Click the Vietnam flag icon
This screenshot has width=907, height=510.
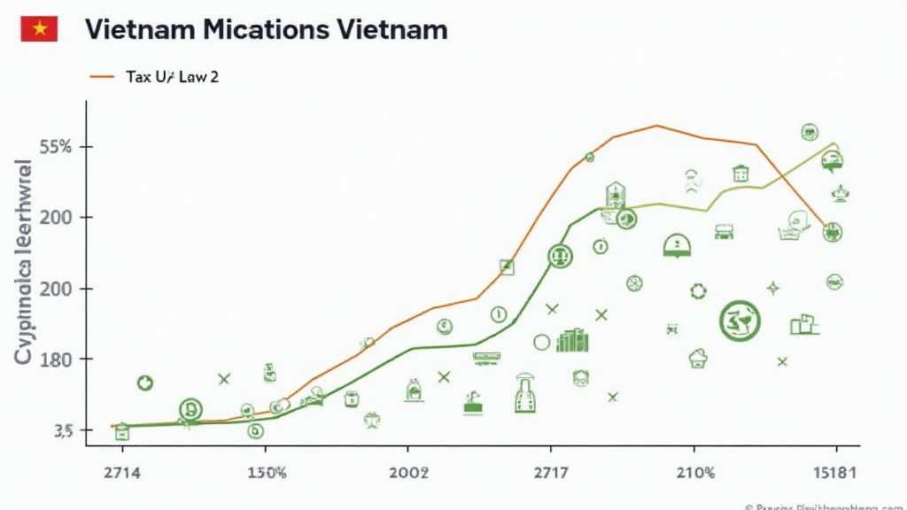(39, 29)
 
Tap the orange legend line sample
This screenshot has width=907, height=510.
(102, 77)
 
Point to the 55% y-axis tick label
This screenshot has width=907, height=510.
(55, 146)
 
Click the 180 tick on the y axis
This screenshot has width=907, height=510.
(55, 359)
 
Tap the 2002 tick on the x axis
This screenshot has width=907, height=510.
(408, 473)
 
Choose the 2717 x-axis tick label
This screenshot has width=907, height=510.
(551, 473)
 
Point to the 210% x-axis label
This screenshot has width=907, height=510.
(694, 473)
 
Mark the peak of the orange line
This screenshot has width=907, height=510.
(657, 126)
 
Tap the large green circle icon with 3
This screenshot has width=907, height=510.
(740, 321)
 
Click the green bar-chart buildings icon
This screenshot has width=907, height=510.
(572, 341)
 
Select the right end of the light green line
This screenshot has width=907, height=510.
(835, 143)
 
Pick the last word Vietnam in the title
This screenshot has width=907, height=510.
(392, 29)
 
